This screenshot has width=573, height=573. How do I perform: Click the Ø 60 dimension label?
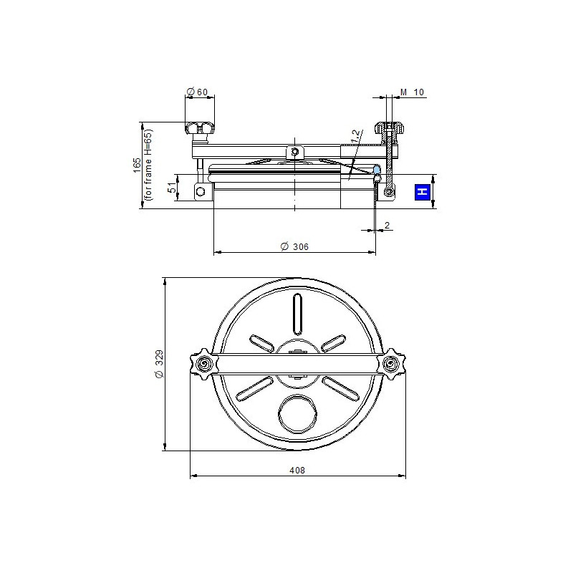(x=197, y=92)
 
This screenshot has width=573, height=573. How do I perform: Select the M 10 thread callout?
(x=413, y=92)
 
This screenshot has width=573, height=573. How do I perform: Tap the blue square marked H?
(x=423, y=192)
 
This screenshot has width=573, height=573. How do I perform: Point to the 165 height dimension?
(x=137, y=165)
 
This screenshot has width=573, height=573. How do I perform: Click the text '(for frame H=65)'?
(x=148, y=165)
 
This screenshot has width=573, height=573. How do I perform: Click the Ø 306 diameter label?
(x=294, y=246)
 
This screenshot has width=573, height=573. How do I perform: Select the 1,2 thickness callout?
(x=355, y=136)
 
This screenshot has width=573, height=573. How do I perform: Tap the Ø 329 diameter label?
(x=159, y=364)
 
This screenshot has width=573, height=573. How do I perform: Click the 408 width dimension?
(x=297, y=471)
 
